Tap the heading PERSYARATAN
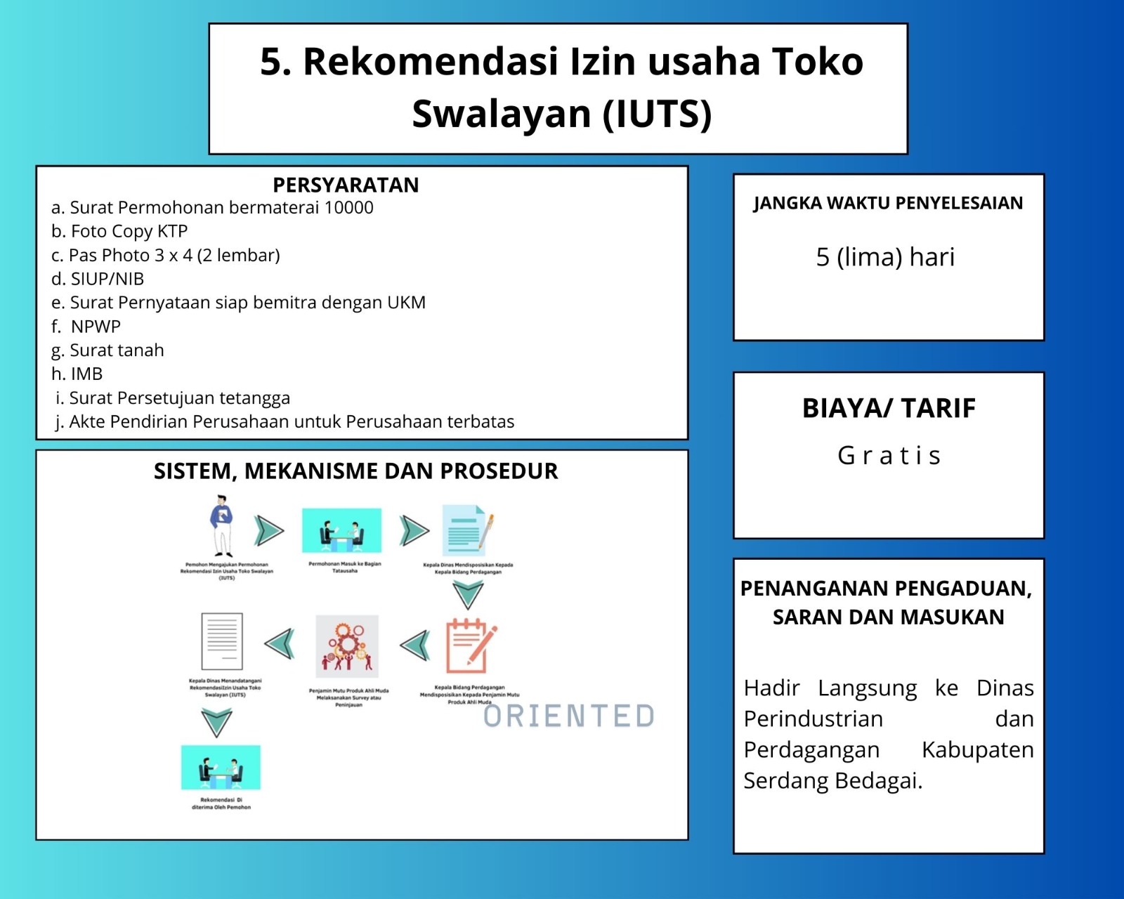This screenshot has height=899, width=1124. point(346,185)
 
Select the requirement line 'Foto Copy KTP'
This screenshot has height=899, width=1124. point(129,231)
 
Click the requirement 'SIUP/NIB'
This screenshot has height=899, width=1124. point(107,279)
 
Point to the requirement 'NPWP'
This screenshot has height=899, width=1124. point(96,327)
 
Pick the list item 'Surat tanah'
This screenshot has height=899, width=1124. point(117,350)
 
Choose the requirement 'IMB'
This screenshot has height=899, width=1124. point(86,374)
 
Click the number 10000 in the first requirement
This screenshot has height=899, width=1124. point(348,208)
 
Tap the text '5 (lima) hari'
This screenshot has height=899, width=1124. point(885,257)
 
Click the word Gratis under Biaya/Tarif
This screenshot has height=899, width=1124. point(889,456)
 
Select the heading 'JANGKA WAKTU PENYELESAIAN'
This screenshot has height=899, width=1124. point(888,203)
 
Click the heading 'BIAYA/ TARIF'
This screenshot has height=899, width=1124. point(889,408)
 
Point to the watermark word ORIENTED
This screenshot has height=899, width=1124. point(569,716)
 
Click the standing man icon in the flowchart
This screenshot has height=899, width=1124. point(222,525)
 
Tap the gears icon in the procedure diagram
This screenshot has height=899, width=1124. point(346,645)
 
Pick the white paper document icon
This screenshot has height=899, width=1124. point(222,642)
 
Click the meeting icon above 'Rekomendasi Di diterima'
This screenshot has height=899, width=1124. point(221,768)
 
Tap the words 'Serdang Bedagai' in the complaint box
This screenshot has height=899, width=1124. point(832,781)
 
